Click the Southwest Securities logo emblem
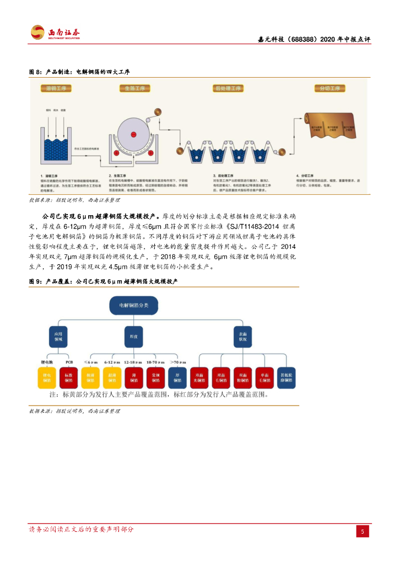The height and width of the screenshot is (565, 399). [37, 33]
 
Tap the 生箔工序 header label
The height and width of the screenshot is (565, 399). [133, 88]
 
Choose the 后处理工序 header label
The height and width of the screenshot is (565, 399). [228, 88]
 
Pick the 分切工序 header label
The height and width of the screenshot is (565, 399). [329, 88]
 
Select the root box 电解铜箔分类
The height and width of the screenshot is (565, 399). [134, 305]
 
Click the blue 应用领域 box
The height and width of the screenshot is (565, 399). [58, 336]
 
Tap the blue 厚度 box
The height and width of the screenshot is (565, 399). [134, 336]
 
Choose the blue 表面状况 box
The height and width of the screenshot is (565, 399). [243, 336]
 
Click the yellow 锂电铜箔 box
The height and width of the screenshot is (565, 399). [47, 377]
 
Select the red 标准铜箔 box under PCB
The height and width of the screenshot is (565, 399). [69, 377]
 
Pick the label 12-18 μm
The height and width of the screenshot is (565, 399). [133, 362]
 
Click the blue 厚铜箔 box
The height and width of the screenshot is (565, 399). [177, 377]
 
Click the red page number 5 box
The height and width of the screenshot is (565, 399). [362, 531]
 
